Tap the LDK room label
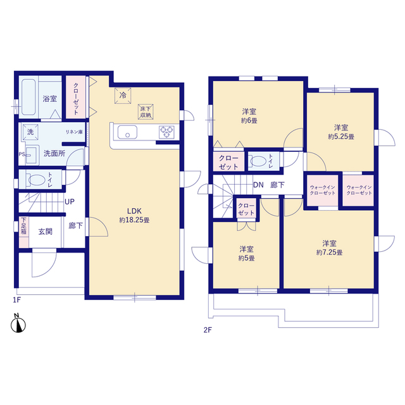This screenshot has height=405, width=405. tap(134, 211)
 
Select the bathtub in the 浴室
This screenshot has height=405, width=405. tap(28, 97)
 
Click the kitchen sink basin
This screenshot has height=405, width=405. tap(127, 132)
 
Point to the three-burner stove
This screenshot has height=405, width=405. tap(166, 132)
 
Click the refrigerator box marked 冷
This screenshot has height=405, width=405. tap(123, 96)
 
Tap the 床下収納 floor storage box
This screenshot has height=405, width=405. tap(146, 112)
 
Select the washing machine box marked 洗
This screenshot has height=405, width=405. tap(30, 132)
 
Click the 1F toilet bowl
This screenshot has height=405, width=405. tap(37, 180)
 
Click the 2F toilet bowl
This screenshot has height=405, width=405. tap(259, 161)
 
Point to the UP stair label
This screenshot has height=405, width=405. tap(70, 202)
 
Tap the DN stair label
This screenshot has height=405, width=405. tap(258, 185)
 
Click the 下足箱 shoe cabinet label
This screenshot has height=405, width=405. tap(23, 226)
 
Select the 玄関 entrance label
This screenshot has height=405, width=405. tap(46, 232)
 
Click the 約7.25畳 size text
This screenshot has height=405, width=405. tap(329, 252)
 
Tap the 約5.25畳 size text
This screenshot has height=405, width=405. tap(341, 137)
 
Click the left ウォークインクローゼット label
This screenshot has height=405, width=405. tap(323, 190)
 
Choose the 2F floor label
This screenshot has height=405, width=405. tap(208, 330)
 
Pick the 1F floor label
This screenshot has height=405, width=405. tap(17, 300)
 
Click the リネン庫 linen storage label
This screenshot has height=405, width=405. tap(74, 132)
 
